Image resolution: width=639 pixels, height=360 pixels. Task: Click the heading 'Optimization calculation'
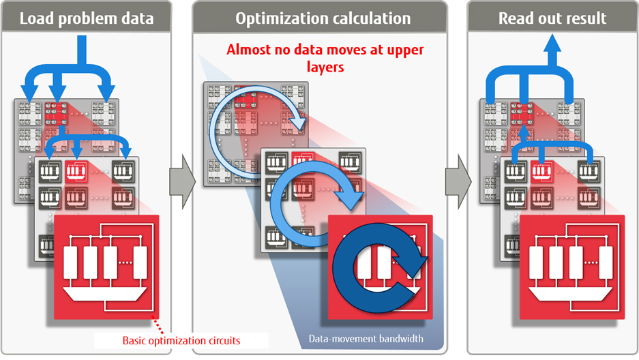[x=323, y=17]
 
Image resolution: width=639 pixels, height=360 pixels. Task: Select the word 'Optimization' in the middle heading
[x=278, y=17]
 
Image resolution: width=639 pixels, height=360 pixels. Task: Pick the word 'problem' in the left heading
[x=90, y=17]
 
